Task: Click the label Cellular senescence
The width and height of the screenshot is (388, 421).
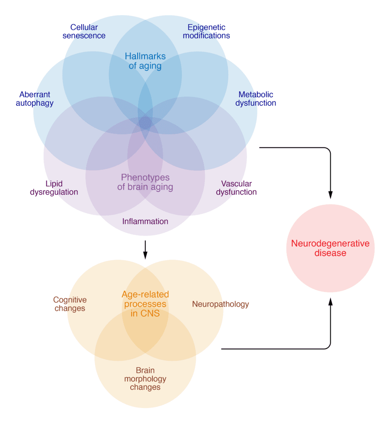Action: tap(84, 32)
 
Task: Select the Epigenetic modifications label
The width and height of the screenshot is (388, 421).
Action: tap(206, 32)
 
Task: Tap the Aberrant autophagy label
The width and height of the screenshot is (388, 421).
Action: tap(35, 99)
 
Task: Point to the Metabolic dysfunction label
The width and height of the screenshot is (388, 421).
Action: tap(256, 99)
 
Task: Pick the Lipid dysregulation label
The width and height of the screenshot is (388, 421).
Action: tap(54, 188)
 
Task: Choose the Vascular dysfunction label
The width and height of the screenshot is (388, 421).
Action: tap(236, 188)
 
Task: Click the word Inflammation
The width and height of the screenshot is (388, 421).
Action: tap(145, 222)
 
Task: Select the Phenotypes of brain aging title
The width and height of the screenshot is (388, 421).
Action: tap(145, 182)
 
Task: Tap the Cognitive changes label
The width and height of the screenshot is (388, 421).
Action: tap(70, 304)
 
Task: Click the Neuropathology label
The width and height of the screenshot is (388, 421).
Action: tap(220, 304)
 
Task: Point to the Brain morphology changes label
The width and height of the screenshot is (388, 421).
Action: tap(145, 379)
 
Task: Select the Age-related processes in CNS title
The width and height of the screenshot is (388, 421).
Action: tap(145, 304)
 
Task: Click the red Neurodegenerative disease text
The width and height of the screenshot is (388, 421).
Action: tap(330, 248)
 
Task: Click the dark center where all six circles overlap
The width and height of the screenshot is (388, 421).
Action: tap(145, 123)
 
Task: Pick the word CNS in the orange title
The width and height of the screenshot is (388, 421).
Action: tap(151, 313)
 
